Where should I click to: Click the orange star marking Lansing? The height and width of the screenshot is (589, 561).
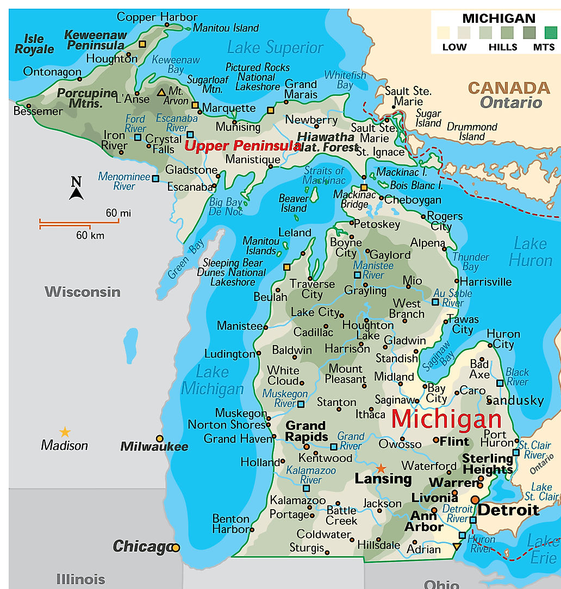tap(381, 468)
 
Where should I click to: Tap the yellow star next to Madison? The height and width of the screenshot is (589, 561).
tap(65, 432)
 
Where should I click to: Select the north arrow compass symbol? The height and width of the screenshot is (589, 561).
tap(76, 189)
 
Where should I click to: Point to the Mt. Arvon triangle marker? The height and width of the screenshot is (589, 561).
tap(161, 92)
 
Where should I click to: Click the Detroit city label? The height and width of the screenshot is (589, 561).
tap(508, 510)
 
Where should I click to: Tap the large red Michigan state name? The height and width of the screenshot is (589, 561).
tap(446, 419)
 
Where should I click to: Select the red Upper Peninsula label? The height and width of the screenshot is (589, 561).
tap(242, 146)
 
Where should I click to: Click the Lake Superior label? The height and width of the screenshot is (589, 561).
tap(275, 48)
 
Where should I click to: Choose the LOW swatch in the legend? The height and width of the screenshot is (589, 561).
tap(444, 33)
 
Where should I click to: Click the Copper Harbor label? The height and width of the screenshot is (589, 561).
tap(149, 17)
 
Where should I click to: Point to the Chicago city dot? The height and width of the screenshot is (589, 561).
tap(176, 548)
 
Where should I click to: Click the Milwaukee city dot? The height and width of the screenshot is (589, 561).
tap(159, 438)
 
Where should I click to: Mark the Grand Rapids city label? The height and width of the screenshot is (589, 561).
tap(306, 431)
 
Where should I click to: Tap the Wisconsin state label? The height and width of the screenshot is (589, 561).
tap(82, 292)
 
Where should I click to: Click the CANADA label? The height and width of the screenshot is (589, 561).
tap(509, 87)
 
